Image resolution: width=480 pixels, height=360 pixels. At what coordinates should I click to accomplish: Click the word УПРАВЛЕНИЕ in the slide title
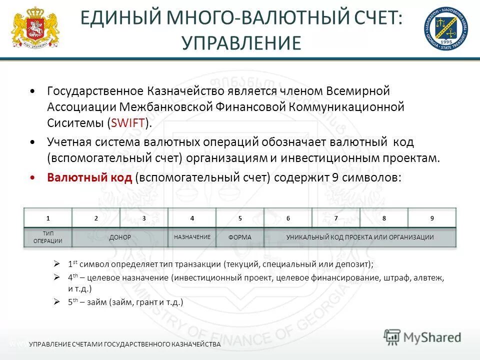241,43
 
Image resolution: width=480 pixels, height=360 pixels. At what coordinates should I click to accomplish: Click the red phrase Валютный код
89,178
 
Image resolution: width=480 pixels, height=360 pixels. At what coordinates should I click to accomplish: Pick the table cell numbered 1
48,218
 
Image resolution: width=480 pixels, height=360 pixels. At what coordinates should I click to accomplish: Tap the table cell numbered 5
240,218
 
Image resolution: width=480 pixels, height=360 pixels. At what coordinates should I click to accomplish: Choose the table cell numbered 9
432,218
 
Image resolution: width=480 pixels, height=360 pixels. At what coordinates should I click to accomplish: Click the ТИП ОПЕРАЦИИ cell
48,237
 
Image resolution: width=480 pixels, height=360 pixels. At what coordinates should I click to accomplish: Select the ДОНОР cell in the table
120,237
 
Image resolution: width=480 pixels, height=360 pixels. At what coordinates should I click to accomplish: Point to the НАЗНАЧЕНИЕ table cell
192,236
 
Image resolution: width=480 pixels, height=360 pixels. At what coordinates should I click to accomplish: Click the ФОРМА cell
240,237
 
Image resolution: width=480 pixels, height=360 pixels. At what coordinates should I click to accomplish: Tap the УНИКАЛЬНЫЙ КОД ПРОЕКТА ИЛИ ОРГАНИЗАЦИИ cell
360,237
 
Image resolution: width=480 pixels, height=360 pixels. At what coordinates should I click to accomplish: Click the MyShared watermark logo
422,337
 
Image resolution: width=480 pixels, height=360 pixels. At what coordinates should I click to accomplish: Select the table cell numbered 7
336,218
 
